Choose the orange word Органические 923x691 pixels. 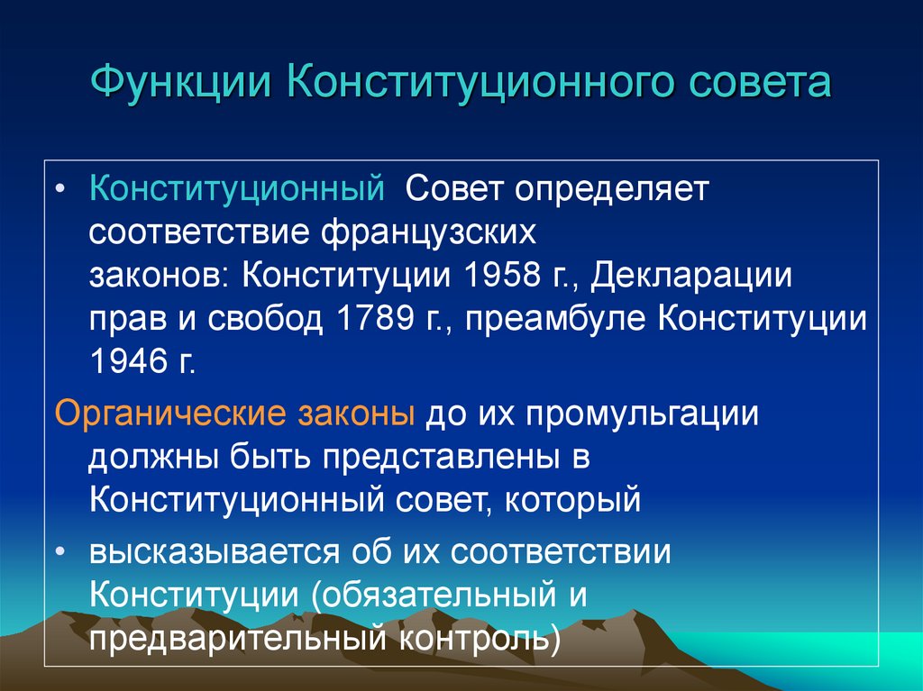click(168, 415)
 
